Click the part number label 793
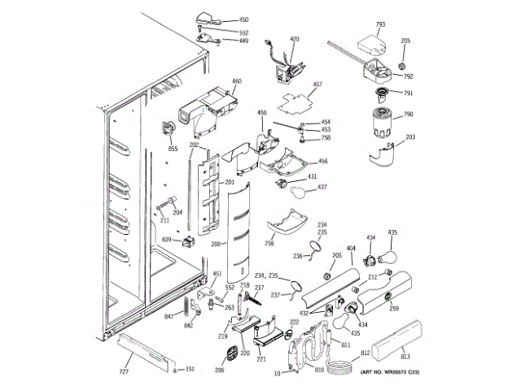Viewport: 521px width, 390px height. point(380,25)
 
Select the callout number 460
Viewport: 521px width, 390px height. point(237,81)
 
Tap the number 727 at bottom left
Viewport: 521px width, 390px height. point(125,371)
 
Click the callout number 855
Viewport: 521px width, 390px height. point(173,149)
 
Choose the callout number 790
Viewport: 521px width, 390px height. point(409,115)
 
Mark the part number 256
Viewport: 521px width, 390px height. point(269,242)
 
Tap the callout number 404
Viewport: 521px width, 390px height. point(352,246)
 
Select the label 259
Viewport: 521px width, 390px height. point(393,308)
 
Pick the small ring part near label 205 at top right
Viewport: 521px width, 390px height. point(402,64)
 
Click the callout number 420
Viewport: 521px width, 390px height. point(294,39)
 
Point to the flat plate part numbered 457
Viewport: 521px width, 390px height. point(294,101)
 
